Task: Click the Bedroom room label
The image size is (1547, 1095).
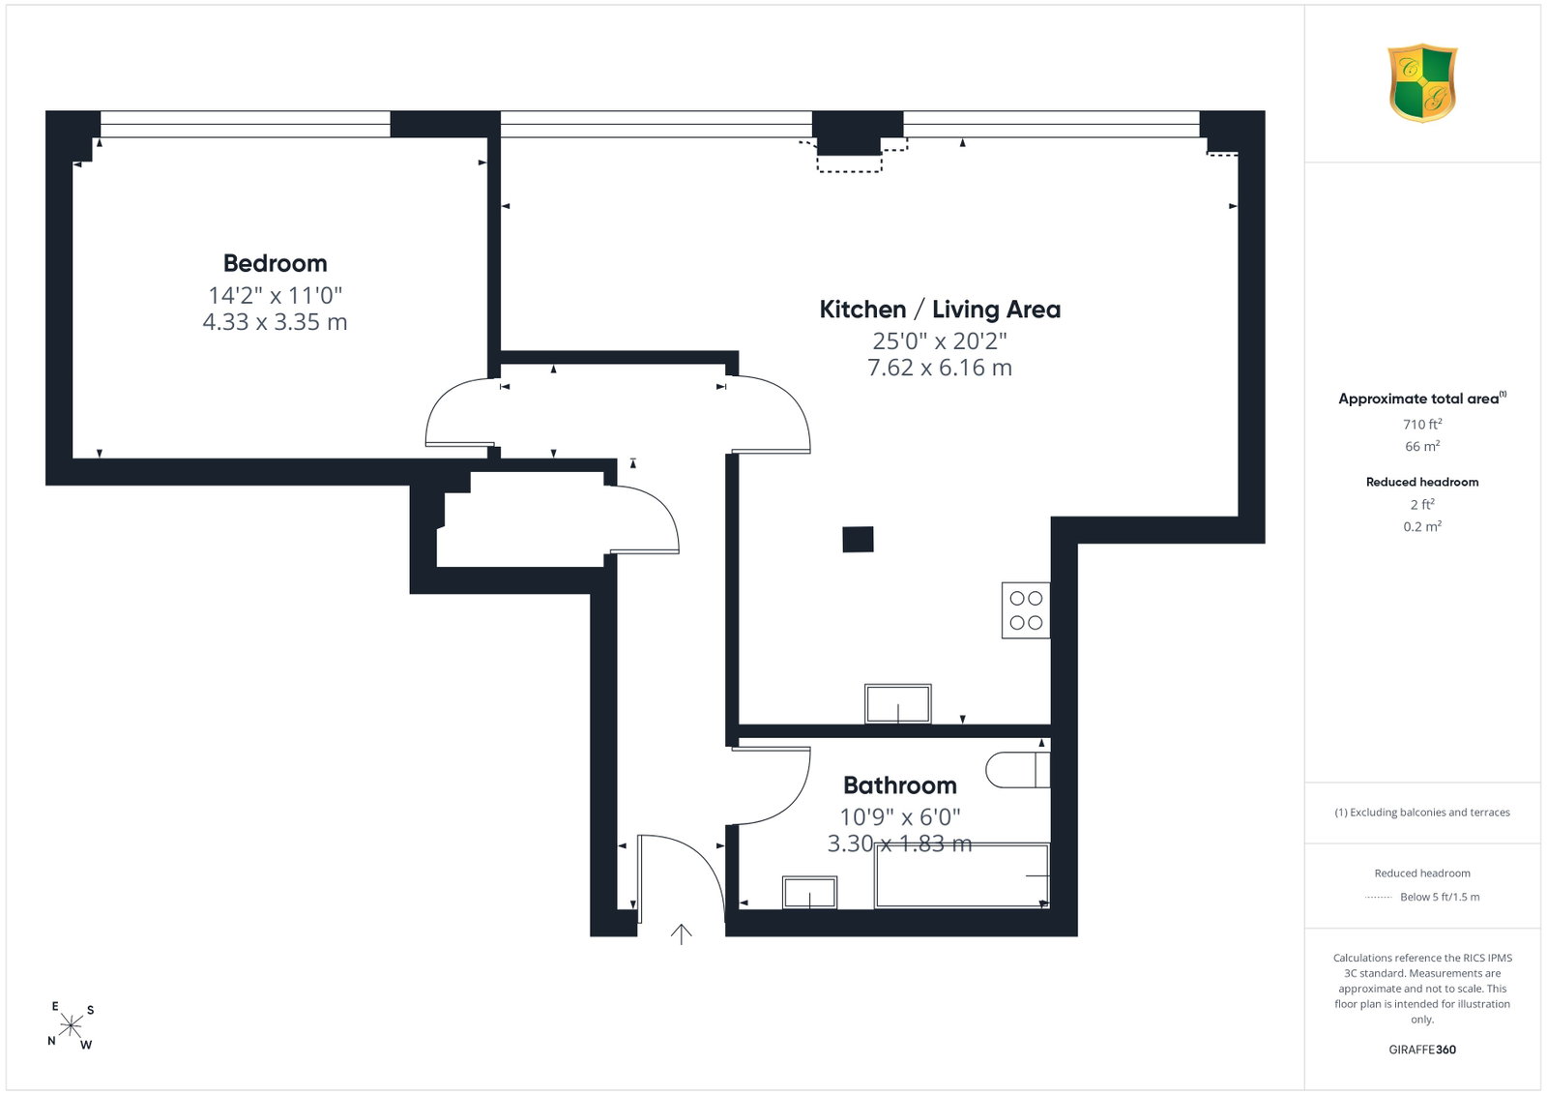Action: pyautogui.click(x=275, y=263)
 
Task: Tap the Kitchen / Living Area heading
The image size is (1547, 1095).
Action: pyautogui.click(x=940, y=310)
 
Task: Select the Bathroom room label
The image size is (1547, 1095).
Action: pyautogui.click(x=900, y=785)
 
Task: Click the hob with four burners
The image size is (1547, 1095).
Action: pyautogui.click(x=1026, y=610)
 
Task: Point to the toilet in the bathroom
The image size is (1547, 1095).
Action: pyautogui.click(x=1018, y=770)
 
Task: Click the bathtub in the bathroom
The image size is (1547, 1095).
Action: pyautogui.click(x=962, y=875)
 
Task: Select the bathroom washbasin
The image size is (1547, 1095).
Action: pyautogui.click(x=809, y=893)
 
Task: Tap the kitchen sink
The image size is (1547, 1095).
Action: pyautogui.click(x=898, y=704)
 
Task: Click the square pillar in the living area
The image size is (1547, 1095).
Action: pyautogui.click(x=858, y=540)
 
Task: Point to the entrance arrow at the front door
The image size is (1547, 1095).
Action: pyautogui.click(x=681, y=934)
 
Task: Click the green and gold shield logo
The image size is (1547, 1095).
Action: pyautogui.click(x=1422, y=83)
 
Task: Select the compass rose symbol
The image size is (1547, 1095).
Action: pyautogui.click(x=71, y=1026)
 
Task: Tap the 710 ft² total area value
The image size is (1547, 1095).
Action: pyautogui.click(x=1422, y=425)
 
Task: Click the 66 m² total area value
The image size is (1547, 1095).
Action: pyautogui.click(x=1422, y=446)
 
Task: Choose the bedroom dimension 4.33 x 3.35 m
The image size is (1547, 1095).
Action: pyautogui.click(x=275, y=322)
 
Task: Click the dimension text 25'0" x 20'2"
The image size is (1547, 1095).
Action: pyautogui.click(x=940, y=340)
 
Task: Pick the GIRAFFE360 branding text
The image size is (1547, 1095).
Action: pyautogui.click(x=1422, y=1050)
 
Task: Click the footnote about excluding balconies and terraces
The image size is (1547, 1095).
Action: pyautogui.click(x=1422, y=813)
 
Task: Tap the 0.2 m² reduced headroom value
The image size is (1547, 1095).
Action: pyautogui.click(x=1422, y=526)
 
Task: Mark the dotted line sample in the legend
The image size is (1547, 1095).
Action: pyautogui.click(x=1379, y=898)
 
